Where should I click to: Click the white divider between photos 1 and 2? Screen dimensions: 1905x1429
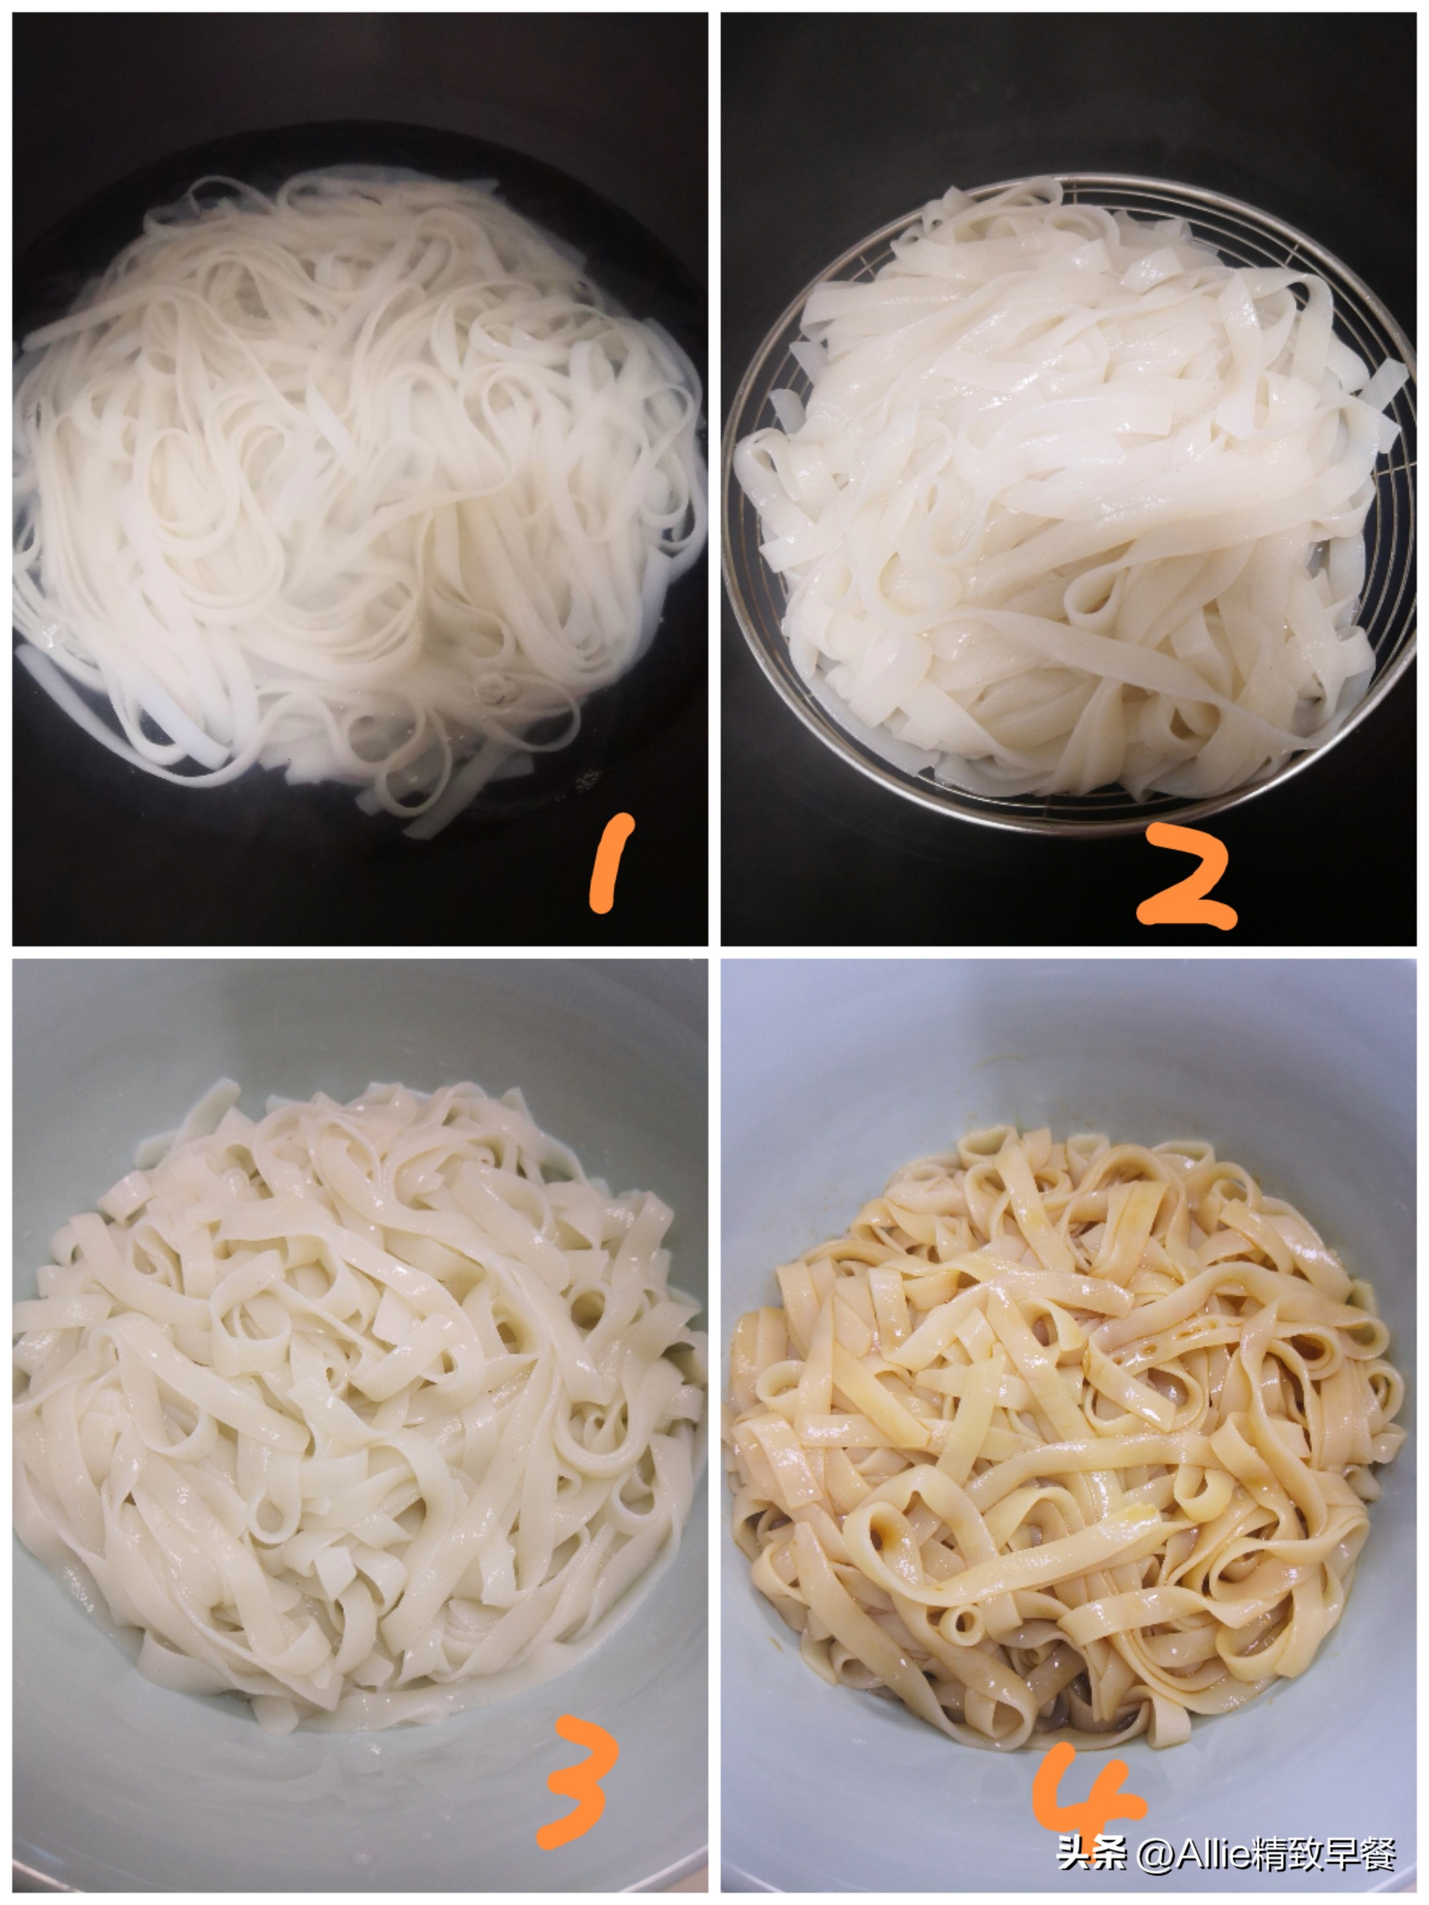(714, 474)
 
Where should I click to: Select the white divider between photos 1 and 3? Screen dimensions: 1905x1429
(357, 952)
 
